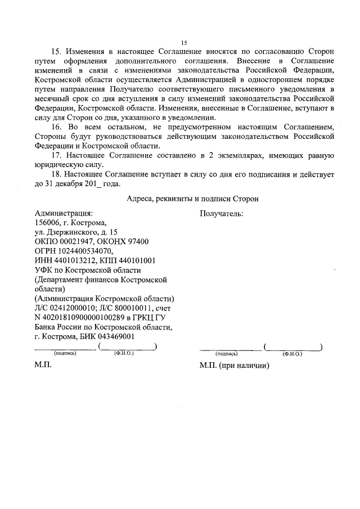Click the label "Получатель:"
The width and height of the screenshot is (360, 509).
pos(222,214)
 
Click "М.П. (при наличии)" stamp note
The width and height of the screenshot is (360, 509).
pos(235,366)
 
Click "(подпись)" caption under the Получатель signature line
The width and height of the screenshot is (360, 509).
pos(227,354)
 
